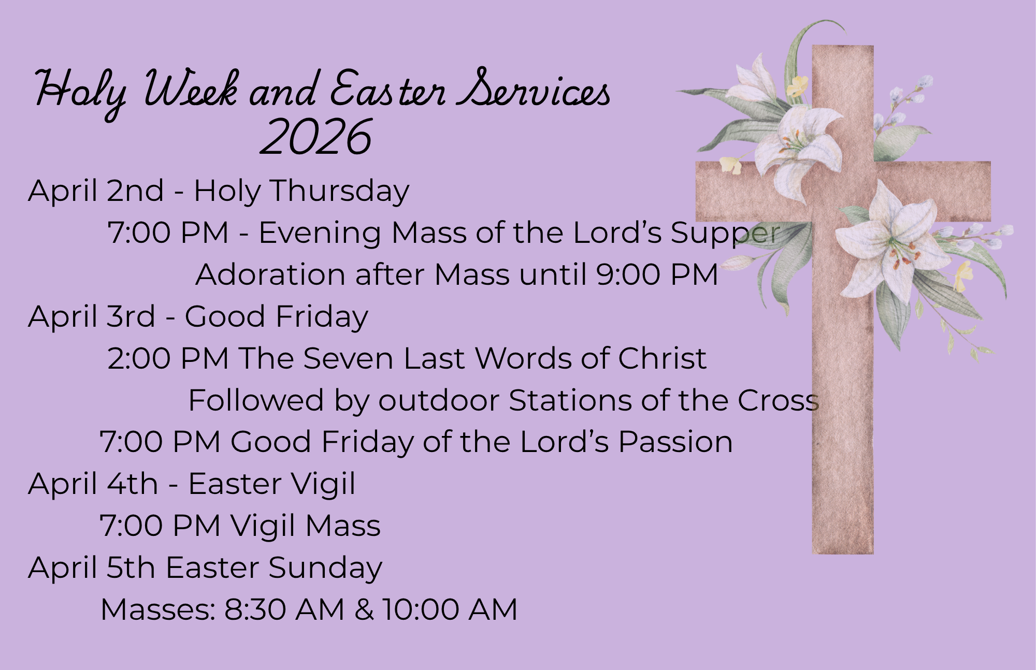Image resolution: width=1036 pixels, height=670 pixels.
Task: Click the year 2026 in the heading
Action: [x=316, y=137]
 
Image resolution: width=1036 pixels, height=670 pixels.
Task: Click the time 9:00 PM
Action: [x=657, y=274]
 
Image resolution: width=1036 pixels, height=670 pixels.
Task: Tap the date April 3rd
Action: [x=92, y=316]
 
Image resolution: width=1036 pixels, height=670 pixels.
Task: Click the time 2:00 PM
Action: [x=168, y=358]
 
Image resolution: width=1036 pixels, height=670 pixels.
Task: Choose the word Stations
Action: [x=570, y=400]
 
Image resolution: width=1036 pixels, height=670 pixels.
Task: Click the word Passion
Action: [x=675, y=442]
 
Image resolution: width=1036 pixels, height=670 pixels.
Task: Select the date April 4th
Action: [x=93, y=484]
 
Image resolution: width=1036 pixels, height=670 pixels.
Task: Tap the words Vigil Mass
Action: [x=306, y=526]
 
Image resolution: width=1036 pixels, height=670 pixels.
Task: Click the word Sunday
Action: [x=325, y=568]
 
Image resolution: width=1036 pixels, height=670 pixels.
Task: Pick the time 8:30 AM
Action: [x=284, y=609]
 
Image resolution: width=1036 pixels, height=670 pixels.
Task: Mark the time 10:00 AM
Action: [x=450, y=609]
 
